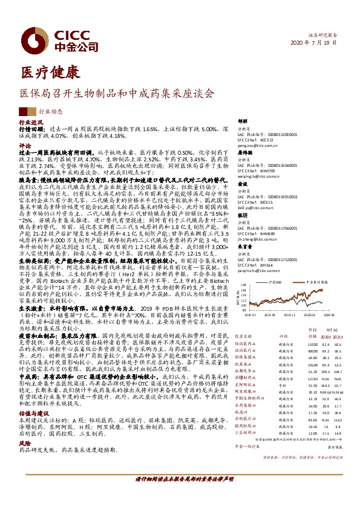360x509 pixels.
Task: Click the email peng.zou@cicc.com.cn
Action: [x=251, y=146]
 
